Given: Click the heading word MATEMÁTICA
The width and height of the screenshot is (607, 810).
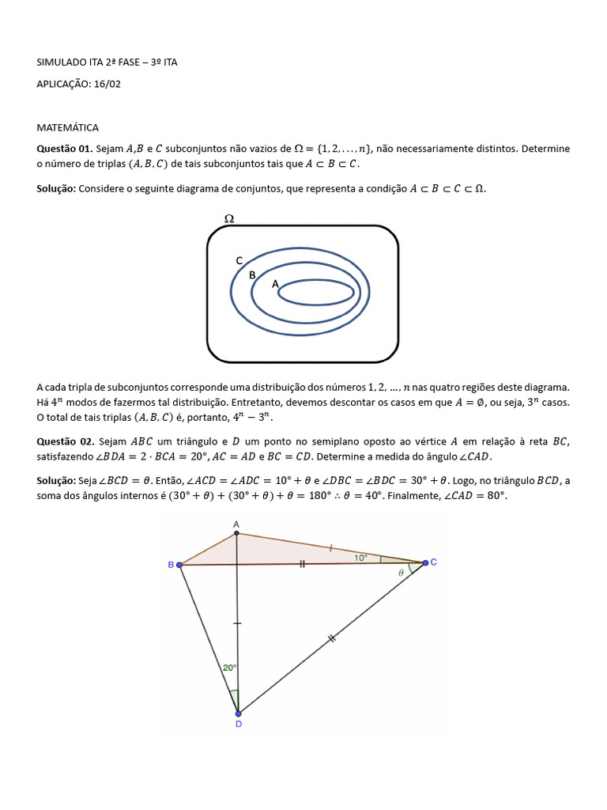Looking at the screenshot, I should [x=68, y=127].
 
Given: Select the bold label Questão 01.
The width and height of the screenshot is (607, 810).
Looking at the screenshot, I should [x=65, y=149].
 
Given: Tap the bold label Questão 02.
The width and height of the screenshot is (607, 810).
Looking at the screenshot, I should [x=65, y=441].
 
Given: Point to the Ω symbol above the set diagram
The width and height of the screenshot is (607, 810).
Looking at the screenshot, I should [x=229, y=219].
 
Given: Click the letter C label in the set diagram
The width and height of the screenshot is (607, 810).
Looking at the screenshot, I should [x=239, y=260].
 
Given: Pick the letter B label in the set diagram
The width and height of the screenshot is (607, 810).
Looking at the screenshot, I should [x=252, y=274].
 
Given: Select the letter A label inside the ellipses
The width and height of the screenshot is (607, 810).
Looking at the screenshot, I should [x=274, y=283].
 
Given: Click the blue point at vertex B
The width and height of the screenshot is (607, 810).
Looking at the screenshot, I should [x=179, y=565].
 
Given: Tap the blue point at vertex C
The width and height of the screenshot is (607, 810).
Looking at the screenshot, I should [x=425, y=562].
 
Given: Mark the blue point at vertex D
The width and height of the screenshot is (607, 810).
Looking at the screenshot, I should [x=238, y=713].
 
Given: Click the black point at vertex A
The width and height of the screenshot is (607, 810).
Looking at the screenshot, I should [x=236, y=533].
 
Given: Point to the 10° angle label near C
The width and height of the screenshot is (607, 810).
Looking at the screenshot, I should [x=360, y=558].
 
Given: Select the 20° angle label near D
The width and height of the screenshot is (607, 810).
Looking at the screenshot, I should [x=229, y=668].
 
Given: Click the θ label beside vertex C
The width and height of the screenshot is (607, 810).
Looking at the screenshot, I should [x=401, y=571].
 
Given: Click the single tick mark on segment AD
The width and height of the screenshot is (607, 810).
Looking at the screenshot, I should [x=237, y=624].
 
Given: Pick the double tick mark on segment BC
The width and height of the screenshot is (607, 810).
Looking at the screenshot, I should [x=302, y=564].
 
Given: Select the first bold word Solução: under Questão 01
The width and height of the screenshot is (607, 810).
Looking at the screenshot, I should [x=57, y=189].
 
